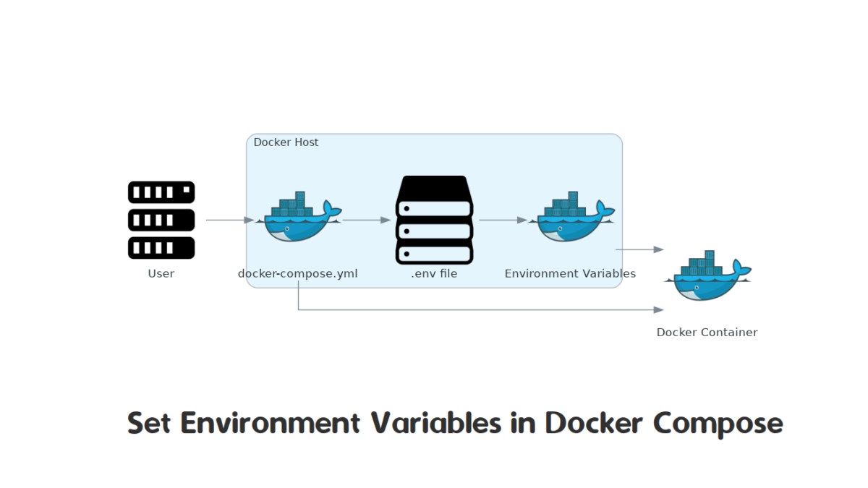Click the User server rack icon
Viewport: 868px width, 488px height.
[x=161, y=220]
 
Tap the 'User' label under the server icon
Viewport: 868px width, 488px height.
[x=161, y=274]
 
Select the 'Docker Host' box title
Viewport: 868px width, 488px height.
[x=286, y=142]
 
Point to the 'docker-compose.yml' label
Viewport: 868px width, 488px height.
[x=297, y=274]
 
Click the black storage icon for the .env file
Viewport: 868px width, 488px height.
[x=435, y=220]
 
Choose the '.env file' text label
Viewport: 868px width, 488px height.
[x=435, y=274]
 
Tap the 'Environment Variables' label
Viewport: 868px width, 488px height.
[x=570, y=274]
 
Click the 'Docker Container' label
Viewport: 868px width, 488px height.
[x=707, y=333]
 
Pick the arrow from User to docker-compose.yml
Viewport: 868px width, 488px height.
[x=230, y=220]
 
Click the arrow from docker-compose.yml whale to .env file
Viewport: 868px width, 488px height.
[x=367, y=220]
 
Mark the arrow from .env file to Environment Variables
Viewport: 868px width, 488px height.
[x=503, y=220]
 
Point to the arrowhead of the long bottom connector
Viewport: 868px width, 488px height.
[x=659, y=310]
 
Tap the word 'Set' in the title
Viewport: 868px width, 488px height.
[x=149, y=423]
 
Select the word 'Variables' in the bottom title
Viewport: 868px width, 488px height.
[x=436, y=422]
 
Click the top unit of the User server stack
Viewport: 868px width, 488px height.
[x=161, y=192]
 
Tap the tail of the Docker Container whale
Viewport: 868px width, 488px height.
[x=741, y=267]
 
